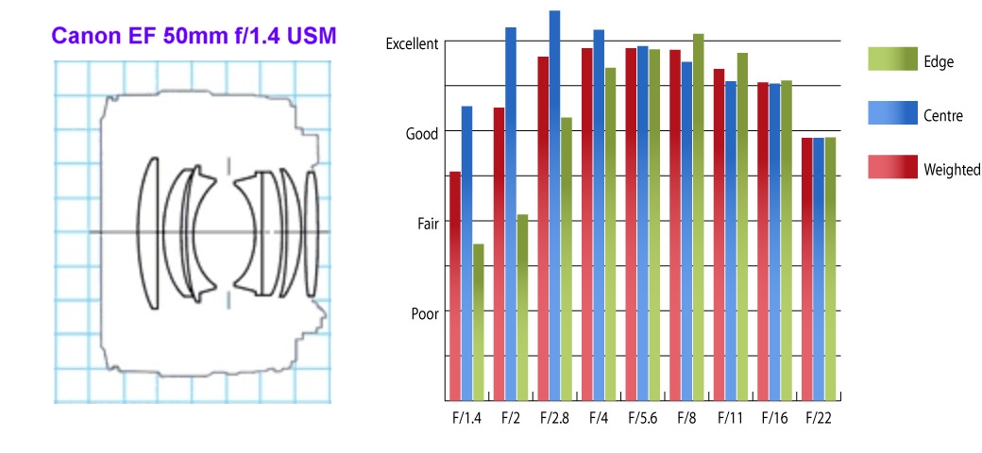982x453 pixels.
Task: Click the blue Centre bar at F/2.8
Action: coord(554,205)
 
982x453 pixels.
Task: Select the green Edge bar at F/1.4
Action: coord(479,322)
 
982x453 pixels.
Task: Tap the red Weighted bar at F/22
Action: coord(807,269)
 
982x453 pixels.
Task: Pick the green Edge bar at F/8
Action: coord(699,217)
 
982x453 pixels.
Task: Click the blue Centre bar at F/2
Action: coord(511,214)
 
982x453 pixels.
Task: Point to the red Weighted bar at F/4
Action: coord(586,224)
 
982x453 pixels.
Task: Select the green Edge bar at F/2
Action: coord(522,308)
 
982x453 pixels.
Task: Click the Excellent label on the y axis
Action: coord(412,44)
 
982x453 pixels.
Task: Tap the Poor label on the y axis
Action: coord(425,313)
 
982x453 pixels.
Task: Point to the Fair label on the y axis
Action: coord(428,224)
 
